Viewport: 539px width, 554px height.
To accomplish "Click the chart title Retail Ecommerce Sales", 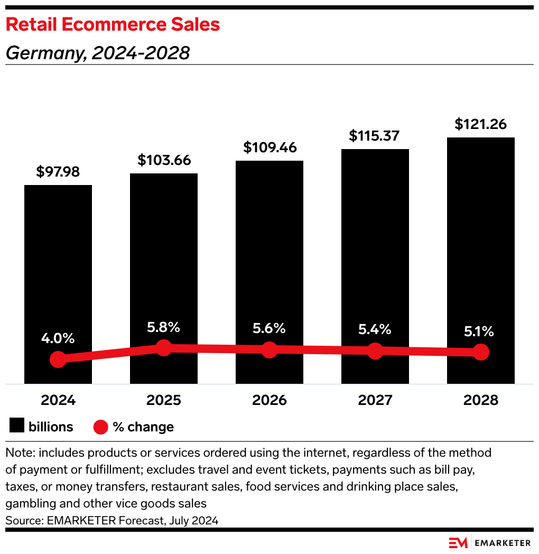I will [x=113, y=24].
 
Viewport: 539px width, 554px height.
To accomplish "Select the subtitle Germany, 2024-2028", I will [x=97, y=53].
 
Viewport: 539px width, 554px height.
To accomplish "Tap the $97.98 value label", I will [x=58, y=172].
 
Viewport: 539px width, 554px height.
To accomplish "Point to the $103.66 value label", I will [x=164, y=160].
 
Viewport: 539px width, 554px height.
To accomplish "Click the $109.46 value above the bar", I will [x=269, y=147].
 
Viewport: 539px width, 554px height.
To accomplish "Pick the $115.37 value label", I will [x=375, y=136].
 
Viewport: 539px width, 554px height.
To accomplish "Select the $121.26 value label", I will [x=481, y=124].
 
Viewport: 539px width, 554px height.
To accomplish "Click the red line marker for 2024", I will [x=58, y=359].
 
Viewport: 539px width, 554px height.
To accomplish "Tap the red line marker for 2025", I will [x=164, y=348].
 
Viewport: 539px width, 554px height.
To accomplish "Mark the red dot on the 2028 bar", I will [x=481, y=352].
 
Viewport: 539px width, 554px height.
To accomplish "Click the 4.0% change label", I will [x=58, y=338].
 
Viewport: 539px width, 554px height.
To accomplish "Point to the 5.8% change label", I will [x=164, y=327].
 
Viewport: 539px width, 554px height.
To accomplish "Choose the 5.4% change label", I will [x=375, y=330].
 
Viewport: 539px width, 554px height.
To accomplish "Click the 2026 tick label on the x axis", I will [x=269, y=400].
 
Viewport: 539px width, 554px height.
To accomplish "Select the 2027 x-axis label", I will [x=375, y=400].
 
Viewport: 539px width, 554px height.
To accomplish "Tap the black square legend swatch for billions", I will [x=17, y=427].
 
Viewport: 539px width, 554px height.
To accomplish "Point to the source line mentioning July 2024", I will [x=112, y=520].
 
